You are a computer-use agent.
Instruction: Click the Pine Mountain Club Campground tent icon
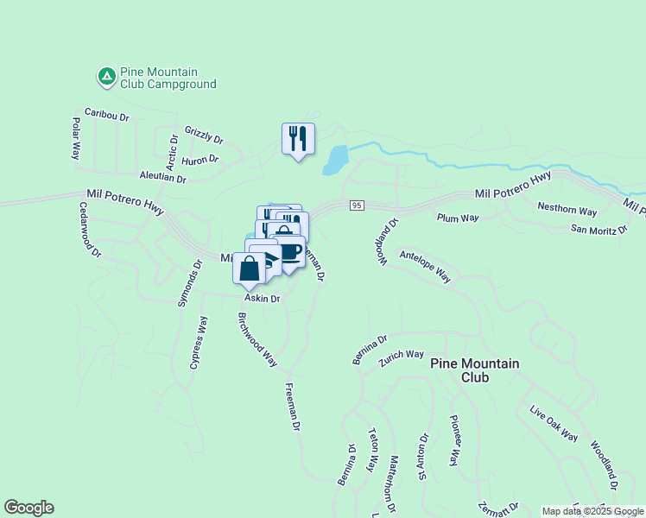click(x=106, y=77)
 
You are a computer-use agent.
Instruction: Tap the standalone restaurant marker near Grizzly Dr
click(x=298, y=138)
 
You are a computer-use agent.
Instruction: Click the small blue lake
click(x=335, y=159)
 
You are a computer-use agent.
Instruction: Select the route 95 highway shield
click(x=357, y=205)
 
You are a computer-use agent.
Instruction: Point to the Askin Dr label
click(x=263, y=299)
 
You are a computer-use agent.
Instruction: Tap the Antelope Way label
click(x=424, y=266)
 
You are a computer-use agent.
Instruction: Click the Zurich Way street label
click(x=402, y=354)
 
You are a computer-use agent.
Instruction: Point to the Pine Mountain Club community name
click(x=475, y=370)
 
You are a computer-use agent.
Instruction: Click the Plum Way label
click(x=458, y=218)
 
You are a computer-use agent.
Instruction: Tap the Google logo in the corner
click(x=28, y=508)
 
